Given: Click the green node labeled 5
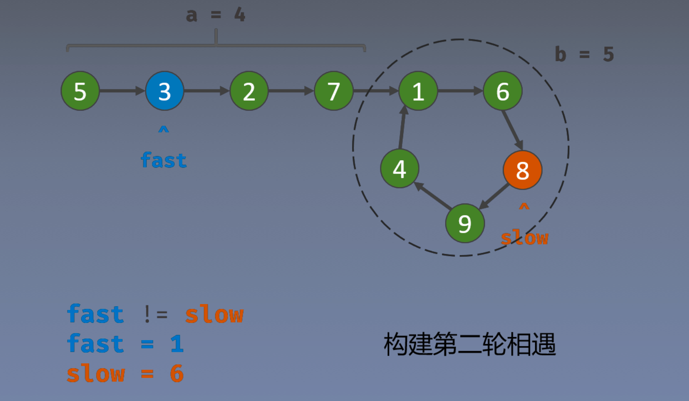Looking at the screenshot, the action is pos(80,91).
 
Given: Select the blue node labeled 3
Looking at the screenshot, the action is pos(165,91).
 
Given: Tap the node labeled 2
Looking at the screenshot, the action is pos(249,91).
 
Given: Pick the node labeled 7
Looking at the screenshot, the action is pos(334,91).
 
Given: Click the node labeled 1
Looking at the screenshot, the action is pos(418,91).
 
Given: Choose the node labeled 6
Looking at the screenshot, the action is pos(503,91).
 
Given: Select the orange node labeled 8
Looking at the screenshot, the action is pos(522,170).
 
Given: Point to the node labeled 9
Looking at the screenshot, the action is pos(465,223).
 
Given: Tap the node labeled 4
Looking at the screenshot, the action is pos(399,169).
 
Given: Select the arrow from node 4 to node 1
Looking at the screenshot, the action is pos(402,128).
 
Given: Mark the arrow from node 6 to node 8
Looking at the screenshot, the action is pos(512,130).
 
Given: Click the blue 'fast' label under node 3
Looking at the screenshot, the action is pos(163,160).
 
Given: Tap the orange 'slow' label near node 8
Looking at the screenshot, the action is pos(524,238).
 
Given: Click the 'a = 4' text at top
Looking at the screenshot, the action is pos(215,15).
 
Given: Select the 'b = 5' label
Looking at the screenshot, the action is pos(584,55).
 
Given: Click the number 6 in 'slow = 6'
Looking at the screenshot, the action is pos(176,373).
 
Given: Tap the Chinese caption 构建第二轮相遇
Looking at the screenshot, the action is pos(469,344).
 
